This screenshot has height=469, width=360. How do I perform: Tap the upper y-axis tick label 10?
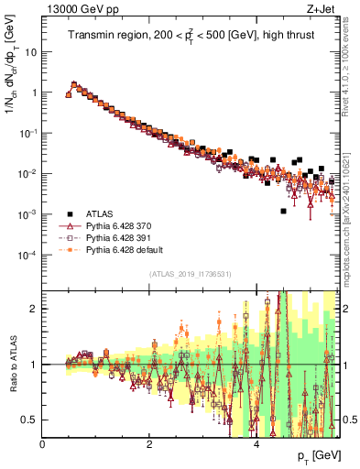tap(30, 52)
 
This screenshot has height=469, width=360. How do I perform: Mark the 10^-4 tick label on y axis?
tap(28, 255)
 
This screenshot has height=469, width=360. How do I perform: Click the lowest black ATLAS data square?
tap(283, 211)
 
